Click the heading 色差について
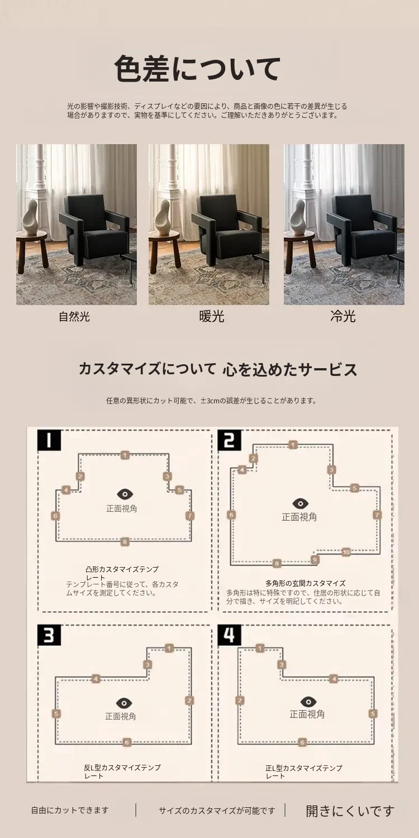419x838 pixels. point(197,69)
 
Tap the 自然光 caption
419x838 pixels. point(74,317)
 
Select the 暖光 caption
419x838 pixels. point(211,317)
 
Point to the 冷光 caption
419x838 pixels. point(342,316)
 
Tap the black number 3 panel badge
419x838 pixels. point(49,635)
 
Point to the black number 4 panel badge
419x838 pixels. point(230,635)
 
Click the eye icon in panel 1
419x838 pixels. point(125,494)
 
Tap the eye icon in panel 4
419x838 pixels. point(308,702)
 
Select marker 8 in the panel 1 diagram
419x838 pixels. point(125,541)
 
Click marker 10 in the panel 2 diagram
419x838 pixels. point(346,552)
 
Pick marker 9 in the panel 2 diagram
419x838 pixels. point(315,559)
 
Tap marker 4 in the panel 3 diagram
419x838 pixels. point(96,679)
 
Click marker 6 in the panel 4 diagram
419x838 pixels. point(302,742)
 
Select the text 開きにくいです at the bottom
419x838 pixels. point(350,811)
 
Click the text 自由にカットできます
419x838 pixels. point(70,810)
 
